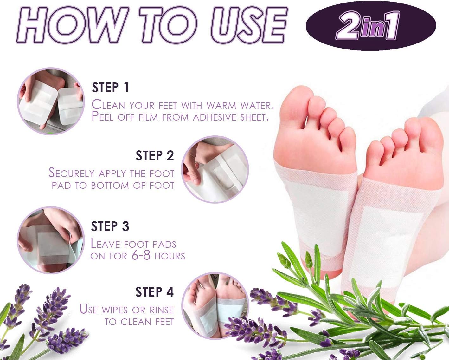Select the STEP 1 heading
coord(110,88)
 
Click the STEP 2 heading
coord(155,156)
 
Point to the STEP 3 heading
coord(110,226)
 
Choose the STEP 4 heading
coord(155,292)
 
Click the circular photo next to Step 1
coord(51,101)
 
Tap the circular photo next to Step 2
coord(215,170)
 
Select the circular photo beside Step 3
coord(50,240)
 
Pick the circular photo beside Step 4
coord(215,305)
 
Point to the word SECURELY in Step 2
coord(72,173)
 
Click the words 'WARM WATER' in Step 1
coord(240,105)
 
